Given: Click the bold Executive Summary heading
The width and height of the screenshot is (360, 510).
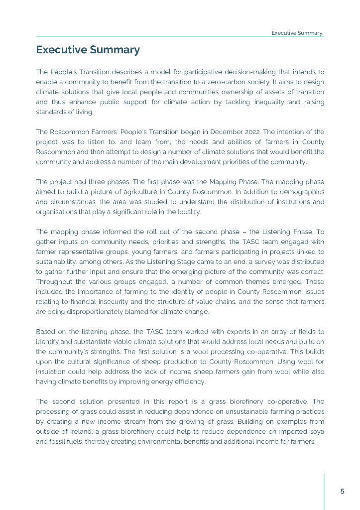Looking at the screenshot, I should click(x=88, y=50).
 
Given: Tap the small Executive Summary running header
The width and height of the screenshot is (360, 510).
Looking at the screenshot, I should click(x=297, y=33).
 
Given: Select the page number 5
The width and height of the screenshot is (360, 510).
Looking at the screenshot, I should click(x=342, y=491).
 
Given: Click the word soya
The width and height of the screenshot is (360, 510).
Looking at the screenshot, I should click(x=316, y=431).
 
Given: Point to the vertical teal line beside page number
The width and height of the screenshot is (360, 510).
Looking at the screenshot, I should click(x=324, y=491).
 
